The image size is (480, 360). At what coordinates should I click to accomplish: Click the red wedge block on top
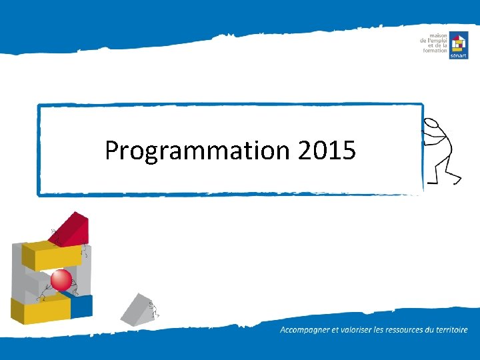tap(73, 227)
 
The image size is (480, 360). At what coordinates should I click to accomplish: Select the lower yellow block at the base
tap(40, 310)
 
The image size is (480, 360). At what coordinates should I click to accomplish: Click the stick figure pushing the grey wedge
tap(155, 309)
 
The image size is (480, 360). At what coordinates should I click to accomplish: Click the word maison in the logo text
tap(438, 35)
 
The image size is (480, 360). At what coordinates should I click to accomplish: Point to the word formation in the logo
tap(435, 51)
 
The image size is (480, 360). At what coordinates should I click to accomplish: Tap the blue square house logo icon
tap(458, 45)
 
